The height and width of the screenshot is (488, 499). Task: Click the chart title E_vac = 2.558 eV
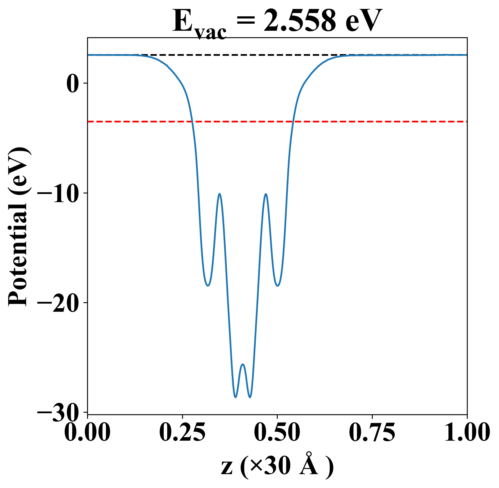click(277, 22)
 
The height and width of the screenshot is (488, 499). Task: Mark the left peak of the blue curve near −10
click(219, 194)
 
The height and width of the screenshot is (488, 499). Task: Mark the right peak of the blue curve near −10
click(266, 194)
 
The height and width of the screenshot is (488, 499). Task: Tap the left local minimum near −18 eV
click(208, 286)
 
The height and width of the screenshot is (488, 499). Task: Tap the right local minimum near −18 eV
click(277, 286)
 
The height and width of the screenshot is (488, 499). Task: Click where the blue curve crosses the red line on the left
click(192, 122)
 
